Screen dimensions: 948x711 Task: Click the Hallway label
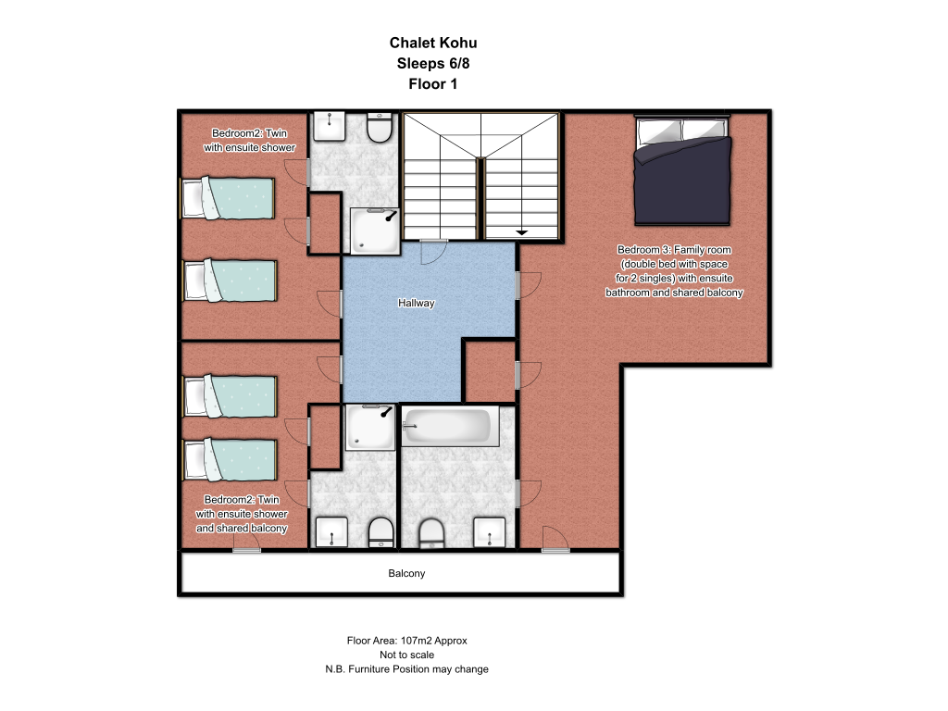(416, 303)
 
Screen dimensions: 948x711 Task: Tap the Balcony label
(406, 573)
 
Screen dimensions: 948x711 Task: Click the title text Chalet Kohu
(433, 43)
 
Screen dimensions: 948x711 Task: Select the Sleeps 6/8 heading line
(433, 64)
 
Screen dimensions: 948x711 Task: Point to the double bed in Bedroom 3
(682, 170)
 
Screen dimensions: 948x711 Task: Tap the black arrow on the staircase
(521, 232)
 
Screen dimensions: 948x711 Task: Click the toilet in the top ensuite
(380, 127)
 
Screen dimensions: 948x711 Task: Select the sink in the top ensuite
(329, 126)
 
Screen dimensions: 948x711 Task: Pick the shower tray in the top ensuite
(375, 231)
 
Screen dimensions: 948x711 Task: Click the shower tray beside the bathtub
(370, 428)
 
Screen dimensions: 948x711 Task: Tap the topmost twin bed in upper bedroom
(229, 198)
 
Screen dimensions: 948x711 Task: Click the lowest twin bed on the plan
(230, 460)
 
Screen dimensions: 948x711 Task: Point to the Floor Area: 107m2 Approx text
(407, 641)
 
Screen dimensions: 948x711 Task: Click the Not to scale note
(407, 655)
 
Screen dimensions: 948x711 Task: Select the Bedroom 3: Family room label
(674, 250)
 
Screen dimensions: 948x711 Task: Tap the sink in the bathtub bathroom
(489, 532)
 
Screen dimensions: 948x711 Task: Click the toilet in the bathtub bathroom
(431, 533)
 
